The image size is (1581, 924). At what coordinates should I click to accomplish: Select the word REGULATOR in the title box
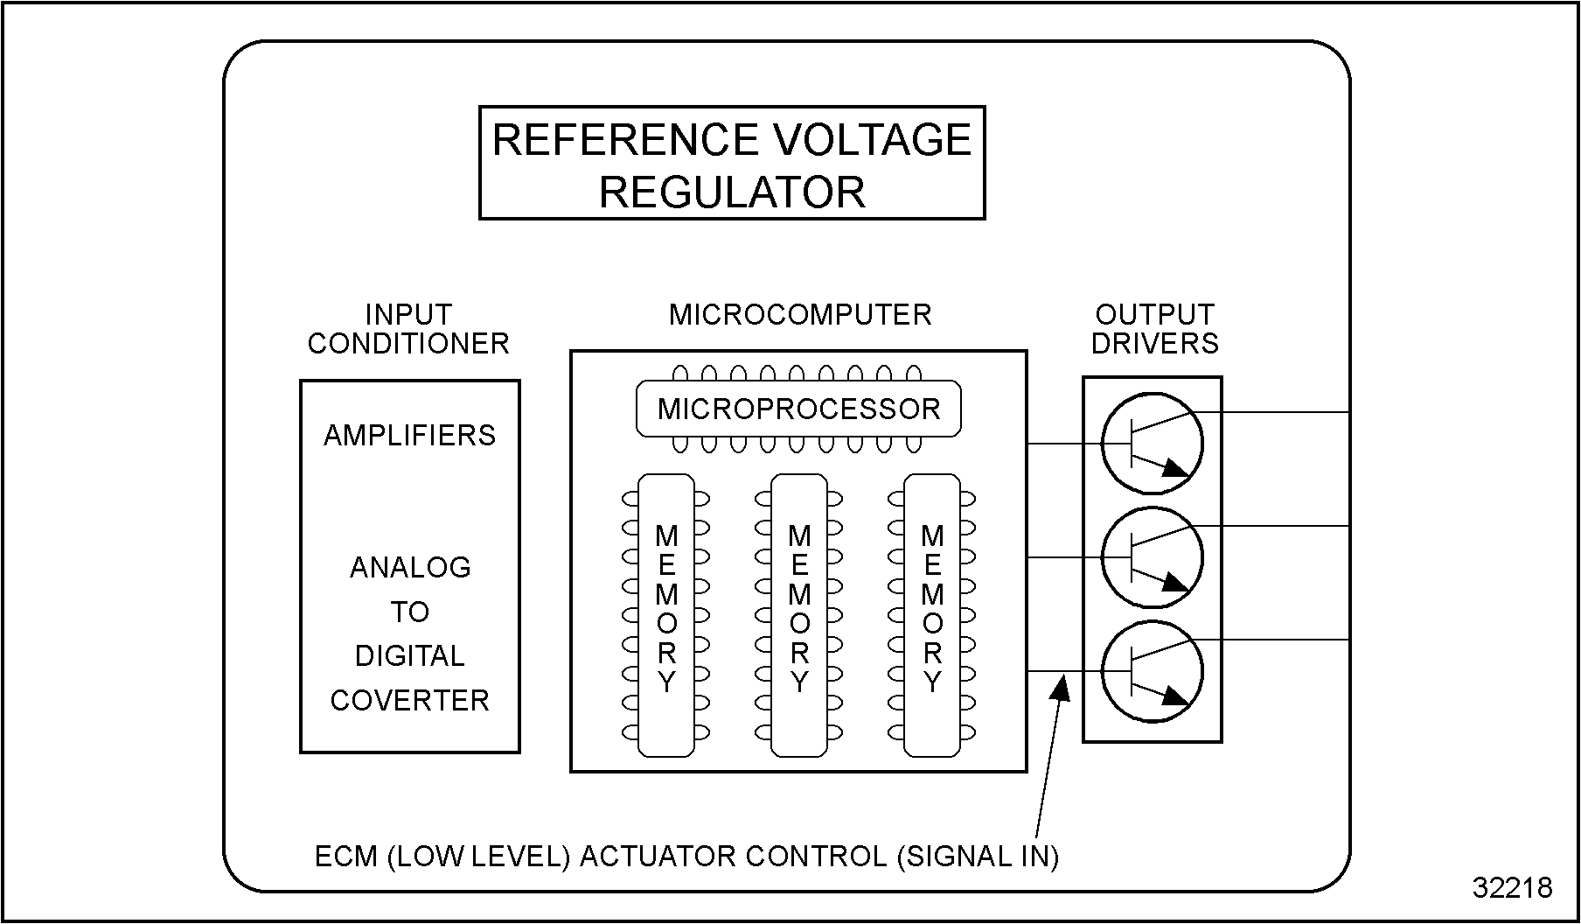pyautogui.click(x=732, y=192)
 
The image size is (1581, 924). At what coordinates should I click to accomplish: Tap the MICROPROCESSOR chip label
pyautogui.click(x=798, y=409)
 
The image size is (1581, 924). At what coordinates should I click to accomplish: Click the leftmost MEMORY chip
pyautogui.click(x=666, y=615)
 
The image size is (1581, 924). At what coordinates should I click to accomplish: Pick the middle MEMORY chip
pyautogui.click(x=799, y=615)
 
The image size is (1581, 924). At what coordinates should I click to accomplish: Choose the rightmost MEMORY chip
pyautogui.click(x=932, y=615)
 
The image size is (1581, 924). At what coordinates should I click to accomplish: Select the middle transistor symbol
pyautogui.click(x=1152, y=558)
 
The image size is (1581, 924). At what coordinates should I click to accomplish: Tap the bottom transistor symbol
pyautogui.click(x=1152, y=672)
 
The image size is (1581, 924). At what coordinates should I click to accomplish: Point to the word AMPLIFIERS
pyautogui.click(x=409, y=436)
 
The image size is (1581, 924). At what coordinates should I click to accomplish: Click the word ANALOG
pyautogui.click(x=410, y=568)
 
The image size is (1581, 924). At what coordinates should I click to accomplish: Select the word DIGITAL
pyautogui.click(x=409, y=656)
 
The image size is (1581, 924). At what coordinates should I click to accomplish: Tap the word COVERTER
pyautogui.click(x=409, y=701)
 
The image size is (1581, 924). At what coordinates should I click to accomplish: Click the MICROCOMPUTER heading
pyautogui.click(x=800, y=315)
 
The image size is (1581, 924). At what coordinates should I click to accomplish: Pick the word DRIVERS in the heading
pyautogui.click(x=1154, y=344)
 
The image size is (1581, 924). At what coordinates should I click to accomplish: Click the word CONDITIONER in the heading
pyautogui.click(x=408, y=344)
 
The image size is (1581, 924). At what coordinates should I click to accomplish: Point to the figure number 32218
pyautogui.click(x=1512, y=887)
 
